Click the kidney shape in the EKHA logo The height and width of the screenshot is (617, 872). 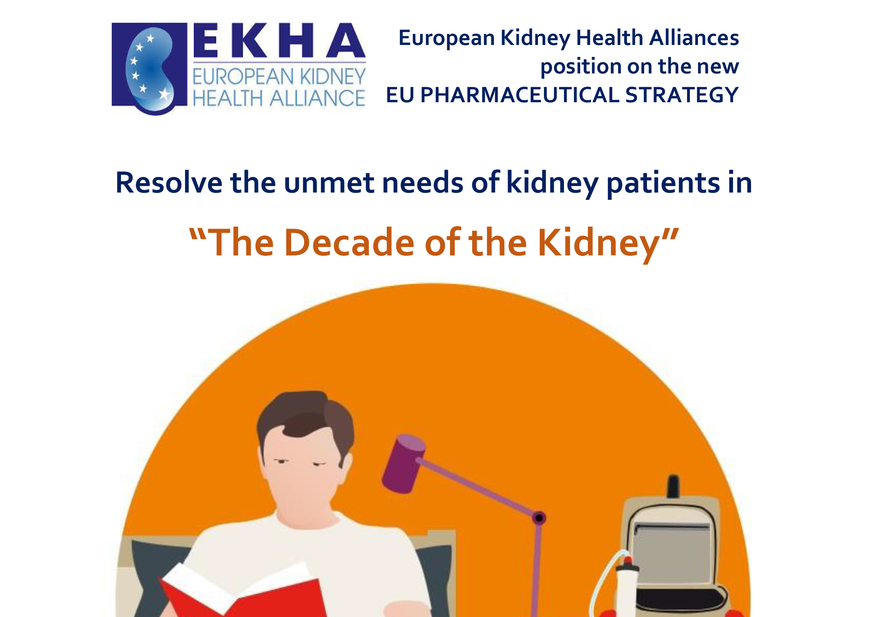tap(151, 70)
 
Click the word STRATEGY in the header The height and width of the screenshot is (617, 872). tap(681, 95)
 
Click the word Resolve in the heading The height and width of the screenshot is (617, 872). tap(168, 183)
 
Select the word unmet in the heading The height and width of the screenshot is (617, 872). tap(329, 183)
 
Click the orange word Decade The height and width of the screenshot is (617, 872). tap(349, 243)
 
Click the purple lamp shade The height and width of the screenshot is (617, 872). tap(404, 464)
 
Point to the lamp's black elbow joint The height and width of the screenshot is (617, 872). tap(539, 518)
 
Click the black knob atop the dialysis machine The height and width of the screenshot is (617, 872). tap(673, 486)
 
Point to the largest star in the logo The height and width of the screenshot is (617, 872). tap(165, 93)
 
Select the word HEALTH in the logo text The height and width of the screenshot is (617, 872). tap(227, 98)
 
